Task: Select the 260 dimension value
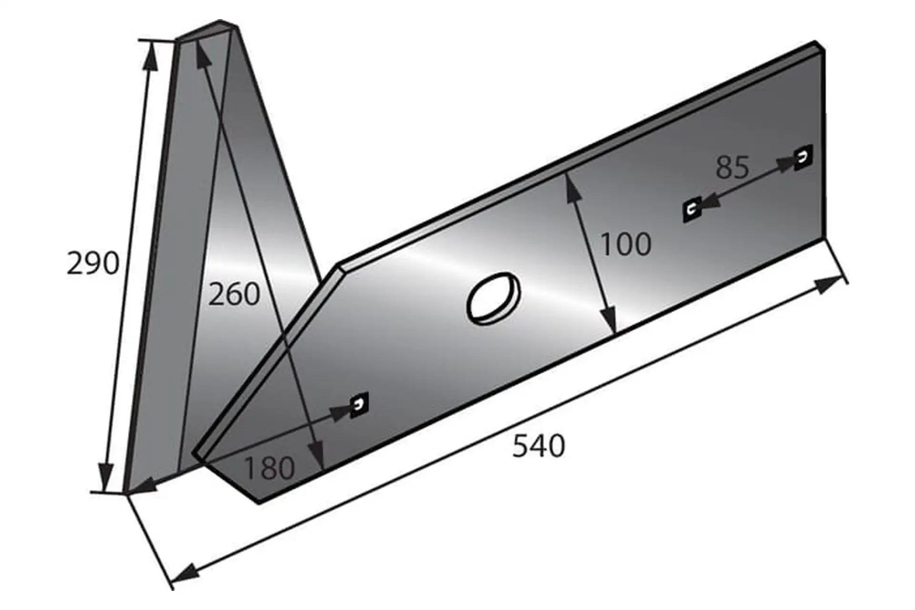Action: (234, 294)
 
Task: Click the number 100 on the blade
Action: (626, 244)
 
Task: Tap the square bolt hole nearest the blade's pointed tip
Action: (359, 405)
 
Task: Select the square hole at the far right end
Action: (803, 158)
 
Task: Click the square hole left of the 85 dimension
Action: (692, 209)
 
